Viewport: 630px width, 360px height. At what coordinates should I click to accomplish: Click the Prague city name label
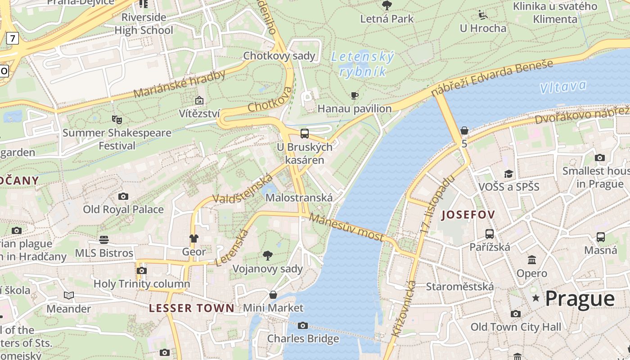580,299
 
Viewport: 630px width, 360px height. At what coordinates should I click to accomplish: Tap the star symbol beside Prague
536,298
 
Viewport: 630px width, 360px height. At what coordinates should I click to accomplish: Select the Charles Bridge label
303,338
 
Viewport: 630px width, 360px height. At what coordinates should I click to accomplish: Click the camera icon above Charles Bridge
303,325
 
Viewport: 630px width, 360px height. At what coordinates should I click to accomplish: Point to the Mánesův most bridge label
346,227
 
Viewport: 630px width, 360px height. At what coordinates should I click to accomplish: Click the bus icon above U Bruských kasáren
305,133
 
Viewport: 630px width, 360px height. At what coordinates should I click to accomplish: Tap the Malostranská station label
299,198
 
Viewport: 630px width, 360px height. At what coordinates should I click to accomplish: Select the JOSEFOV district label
468,215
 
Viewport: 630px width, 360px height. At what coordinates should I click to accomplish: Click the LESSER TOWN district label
192,308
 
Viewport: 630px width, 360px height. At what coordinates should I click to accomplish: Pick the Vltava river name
563,87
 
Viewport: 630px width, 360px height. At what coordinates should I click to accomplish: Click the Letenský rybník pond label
362,64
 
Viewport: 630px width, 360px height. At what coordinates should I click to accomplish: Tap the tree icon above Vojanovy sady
268,256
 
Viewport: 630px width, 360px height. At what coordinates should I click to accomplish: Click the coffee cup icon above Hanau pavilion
355,95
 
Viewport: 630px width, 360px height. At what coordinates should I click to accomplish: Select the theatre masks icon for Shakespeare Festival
117,119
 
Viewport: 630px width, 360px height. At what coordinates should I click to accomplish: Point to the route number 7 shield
12,39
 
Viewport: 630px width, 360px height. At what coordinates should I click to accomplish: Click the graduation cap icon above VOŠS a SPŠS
508,174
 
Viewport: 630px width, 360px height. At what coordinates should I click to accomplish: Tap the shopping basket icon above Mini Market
273,295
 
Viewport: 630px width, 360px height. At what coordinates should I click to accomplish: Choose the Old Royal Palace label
123,209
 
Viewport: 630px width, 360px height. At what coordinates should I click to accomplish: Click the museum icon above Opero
532,260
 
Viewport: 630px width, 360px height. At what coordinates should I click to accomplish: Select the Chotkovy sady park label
279,56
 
